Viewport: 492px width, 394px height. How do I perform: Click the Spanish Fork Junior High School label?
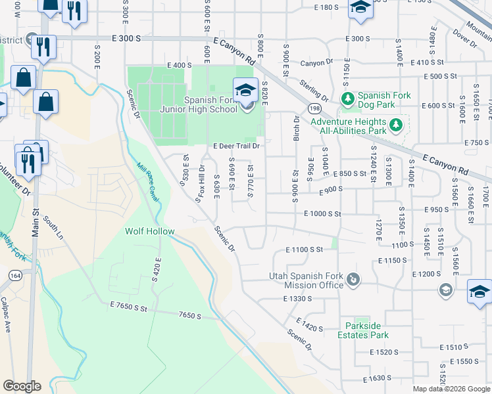(x=210, y=104)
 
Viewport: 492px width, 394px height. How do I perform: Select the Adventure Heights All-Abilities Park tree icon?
(x=395, y=124)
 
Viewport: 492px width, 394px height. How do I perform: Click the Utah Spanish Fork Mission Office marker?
(x=354, y=280)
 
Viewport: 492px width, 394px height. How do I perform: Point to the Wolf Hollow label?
(x=150, y=231)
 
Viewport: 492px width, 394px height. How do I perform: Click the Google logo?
(x=22, y=386)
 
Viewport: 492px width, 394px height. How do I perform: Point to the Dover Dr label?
(x=464, y=40)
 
